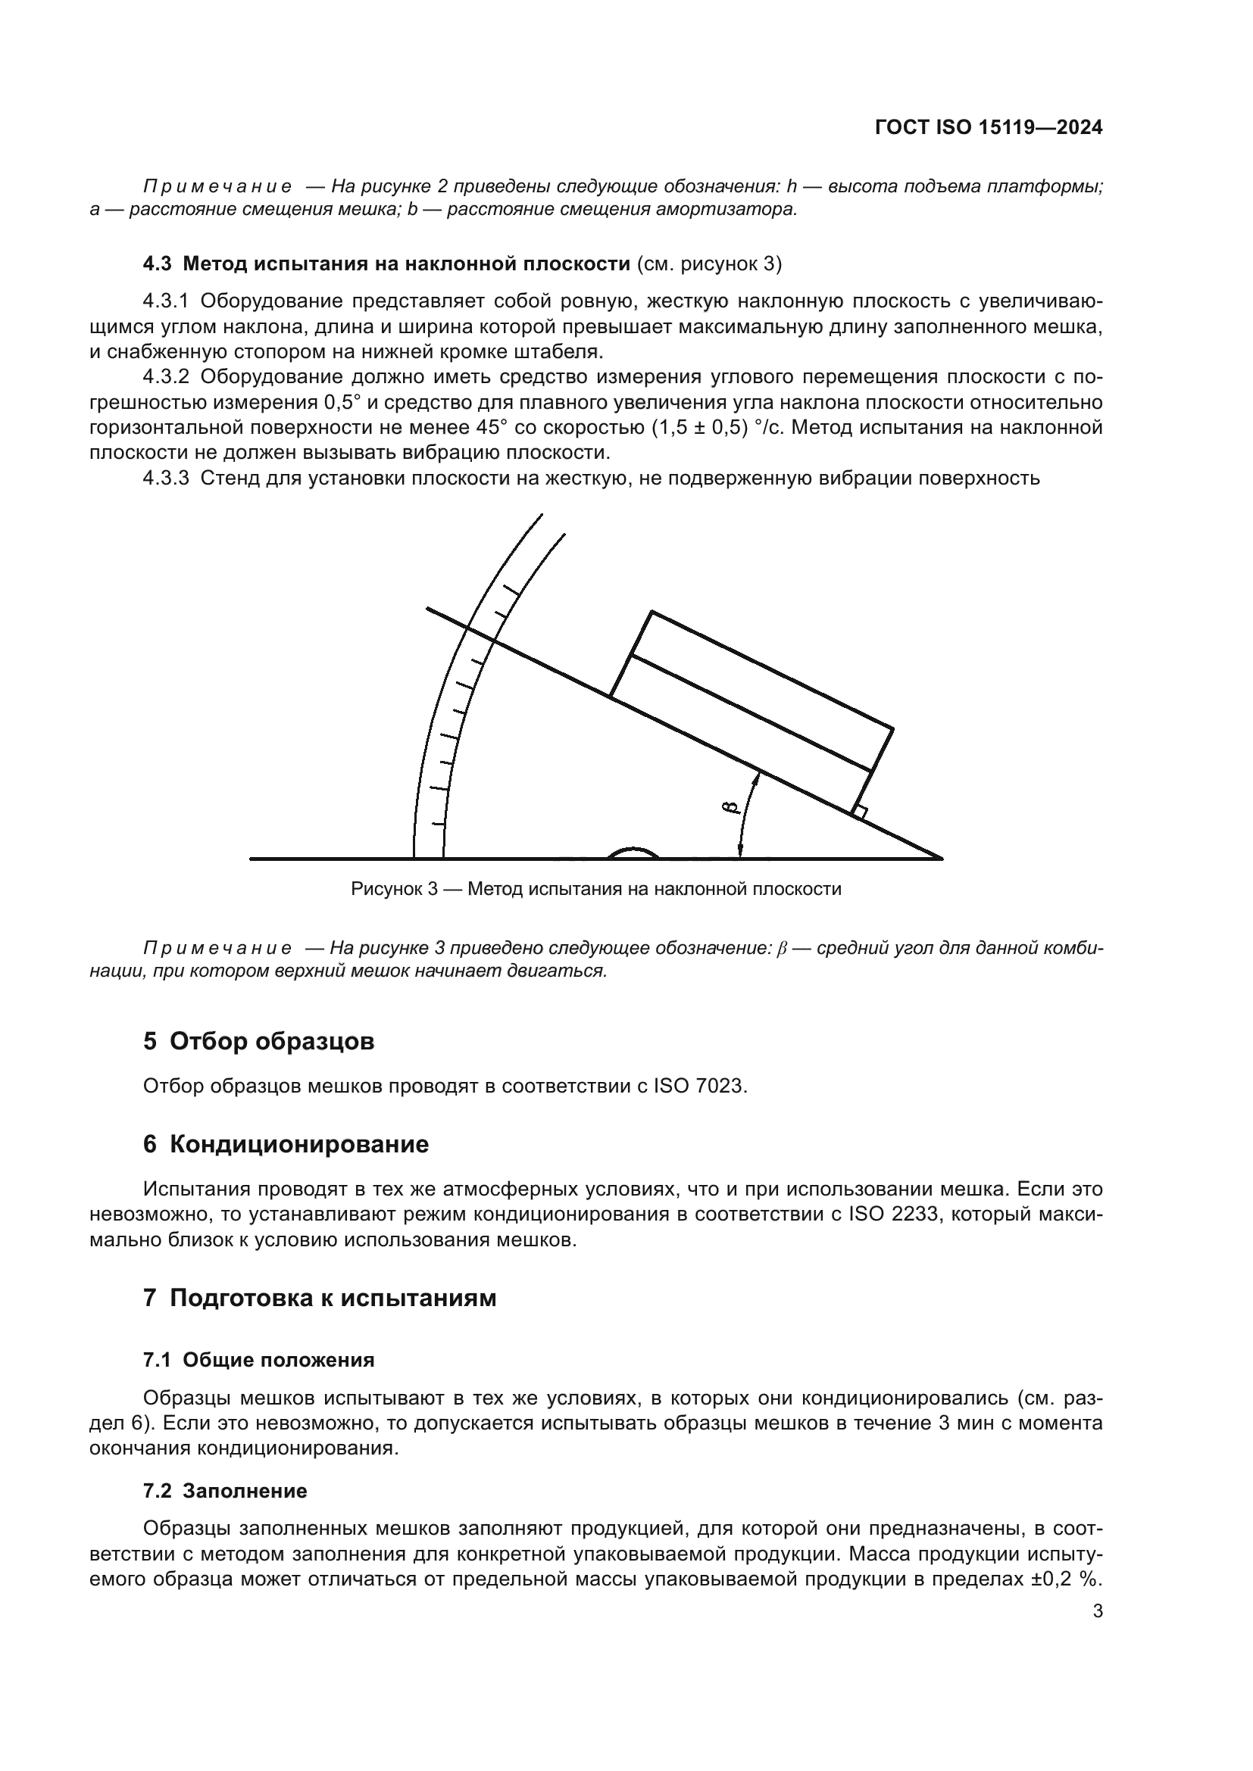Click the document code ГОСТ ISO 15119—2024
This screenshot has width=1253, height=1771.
coord(989,128)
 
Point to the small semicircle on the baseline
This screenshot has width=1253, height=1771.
coord(633,853)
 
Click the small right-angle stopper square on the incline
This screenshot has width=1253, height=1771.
coord(861,812)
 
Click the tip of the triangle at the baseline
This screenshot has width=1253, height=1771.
coord(939,857)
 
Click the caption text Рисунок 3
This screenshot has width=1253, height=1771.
coord(394,889)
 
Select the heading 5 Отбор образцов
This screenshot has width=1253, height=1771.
coord(258,1041)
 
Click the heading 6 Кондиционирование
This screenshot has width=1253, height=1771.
coord(286,1144)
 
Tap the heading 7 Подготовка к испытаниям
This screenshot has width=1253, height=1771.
coord(320,1298)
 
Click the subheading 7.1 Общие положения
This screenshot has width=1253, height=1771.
coord(258,1359)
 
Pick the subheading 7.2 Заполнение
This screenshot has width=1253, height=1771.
coord(224,1490)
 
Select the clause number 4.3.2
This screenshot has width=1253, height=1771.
coord(165,376)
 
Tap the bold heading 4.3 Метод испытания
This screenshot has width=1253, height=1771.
coord(386,263)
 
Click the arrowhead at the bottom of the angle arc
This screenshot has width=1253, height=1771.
coord(739,851)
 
